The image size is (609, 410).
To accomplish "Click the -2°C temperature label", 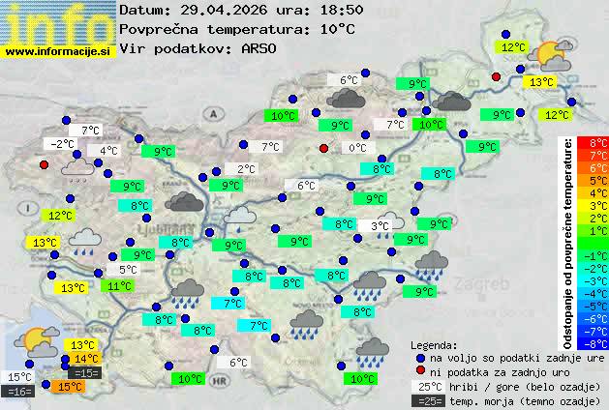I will pos(62,144).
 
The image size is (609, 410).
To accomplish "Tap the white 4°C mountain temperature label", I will pos(107,151).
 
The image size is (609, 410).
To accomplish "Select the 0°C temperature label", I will pos(357,148).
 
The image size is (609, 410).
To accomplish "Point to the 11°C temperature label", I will pos(120,286).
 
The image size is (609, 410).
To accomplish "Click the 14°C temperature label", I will pos(86,359).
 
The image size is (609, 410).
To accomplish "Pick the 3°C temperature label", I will pos(381,226).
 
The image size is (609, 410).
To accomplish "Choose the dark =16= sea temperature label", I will pos(18,392).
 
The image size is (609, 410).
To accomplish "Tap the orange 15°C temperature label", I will pos(69,386).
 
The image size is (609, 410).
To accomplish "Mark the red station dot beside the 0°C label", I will pos(324,149).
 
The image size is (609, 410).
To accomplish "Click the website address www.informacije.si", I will pos(59,50).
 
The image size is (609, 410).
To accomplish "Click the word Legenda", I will pos(434,345).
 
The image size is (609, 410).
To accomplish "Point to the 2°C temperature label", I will pos(246,169).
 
